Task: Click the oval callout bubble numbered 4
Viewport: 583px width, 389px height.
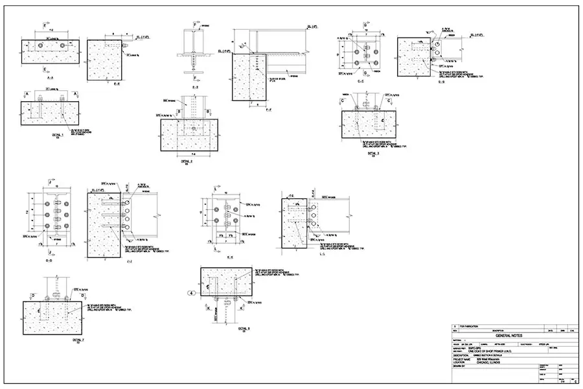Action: (192, 294)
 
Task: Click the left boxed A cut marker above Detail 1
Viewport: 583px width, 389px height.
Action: (27, 93)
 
